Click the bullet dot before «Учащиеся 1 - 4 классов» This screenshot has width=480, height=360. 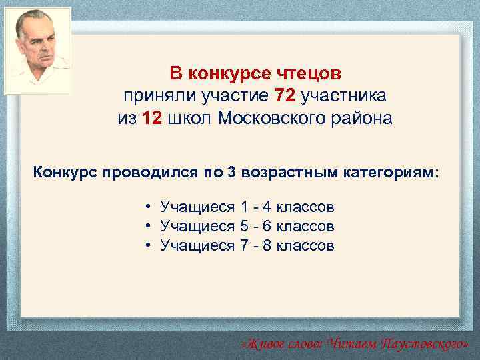click(146, 207)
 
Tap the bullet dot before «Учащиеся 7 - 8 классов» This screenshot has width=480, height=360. click(146, 246)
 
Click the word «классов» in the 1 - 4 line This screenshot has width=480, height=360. click(305, 207)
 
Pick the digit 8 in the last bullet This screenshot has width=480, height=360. click(267, 246)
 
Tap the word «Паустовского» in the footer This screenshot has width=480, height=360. click(422, 344)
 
